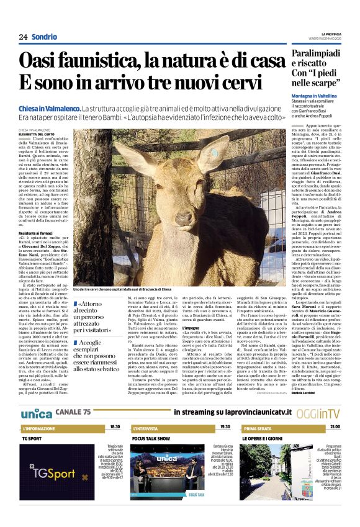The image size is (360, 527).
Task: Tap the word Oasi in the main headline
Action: pyautogui.click(x=40, y=61)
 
